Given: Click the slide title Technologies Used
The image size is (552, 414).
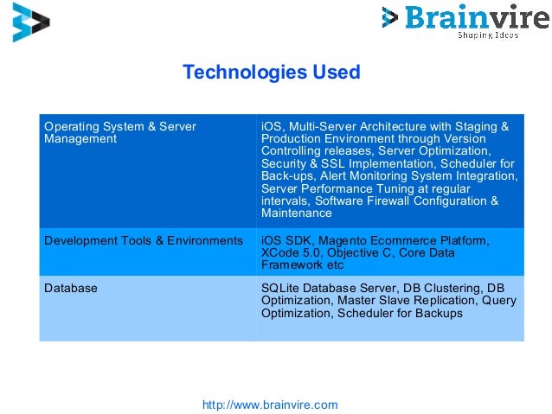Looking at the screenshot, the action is [271, 73].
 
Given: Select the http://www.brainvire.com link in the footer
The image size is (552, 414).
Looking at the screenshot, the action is [269, 404].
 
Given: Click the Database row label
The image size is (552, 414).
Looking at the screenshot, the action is [71, 288].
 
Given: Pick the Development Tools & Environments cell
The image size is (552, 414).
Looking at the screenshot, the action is [144, 240].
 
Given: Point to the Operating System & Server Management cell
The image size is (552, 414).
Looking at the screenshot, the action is [120, 133].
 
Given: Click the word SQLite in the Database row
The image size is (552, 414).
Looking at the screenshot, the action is [280, 288].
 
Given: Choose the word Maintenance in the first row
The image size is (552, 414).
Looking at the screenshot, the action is [297, 213].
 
